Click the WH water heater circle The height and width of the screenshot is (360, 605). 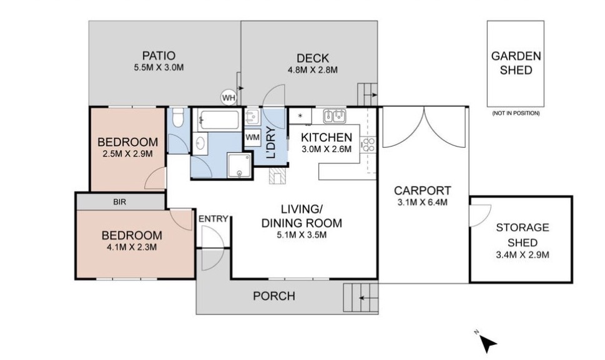[x=229, y=98]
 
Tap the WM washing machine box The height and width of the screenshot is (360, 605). [x=252, y=137]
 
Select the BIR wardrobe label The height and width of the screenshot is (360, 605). [x=120, y=202]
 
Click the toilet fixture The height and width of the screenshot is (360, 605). [x=178, y=118]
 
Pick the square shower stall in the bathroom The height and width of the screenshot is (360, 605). [x=240, y=165]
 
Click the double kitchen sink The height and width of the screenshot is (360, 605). [x=335, y=115]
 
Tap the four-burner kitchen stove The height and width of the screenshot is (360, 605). [x=368, y=145]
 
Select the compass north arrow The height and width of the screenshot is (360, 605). [x=488, y=343]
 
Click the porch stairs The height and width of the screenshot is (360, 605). [x=360, y=298]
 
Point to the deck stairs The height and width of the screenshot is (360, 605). [x=367, y=94]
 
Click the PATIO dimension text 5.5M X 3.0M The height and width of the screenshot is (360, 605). [x=159, y=67]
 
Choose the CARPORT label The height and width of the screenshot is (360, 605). [x=423, y=190]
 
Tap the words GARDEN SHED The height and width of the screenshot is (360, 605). [x=516, y=63]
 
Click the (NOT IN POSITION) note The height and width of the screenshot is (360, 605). [x=516, y=114]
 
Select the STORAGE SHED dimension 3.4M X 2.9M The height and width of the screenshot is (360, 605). [x=523, y=255]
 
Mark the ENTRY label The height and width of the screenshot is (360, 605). [x=214, y=219]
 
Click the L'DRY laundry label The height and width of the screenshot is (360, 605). [x=272, y=143]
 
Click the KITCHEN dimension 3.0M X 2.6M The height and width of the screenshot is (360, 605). [x=327, y=149]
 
